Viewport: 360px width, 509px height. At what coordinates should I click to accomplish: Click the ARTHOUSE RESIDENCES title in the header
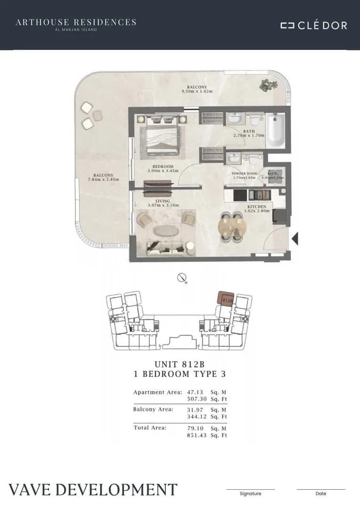coord(76,22)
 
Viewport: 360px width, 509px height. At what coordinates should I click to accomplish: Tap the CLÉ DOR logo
coord(314,25)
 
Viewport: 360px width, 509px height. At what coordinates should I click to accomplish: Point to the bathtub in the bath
coord(275,130)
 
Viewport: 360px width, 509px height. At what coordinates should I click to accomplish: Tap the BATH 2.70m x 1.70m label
coord(249,133)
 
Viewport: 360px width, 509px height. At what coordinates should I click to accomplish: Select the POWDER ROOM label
coord(245,174)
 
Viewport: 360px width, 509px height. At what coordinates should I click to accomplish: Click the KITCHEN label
coord(257,206)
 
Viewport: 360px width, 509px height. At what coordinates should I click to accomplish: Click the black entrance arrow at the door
coord(295,239)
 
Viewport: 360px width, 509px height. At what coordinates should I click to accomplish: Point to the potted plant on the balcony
coord(269,85)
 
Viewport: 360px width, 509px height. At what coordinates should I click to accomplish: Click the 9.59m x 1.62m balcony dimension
coord(196,91)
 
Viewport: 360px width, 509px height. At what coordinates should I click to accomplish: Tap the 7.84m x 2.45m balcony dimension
coord(103,180)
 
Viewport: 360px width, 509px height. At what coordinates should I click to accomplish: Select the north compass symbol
coord(182,278)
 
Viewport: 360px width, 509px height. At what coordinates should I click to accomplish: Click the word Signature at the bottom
coord(250,493)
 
